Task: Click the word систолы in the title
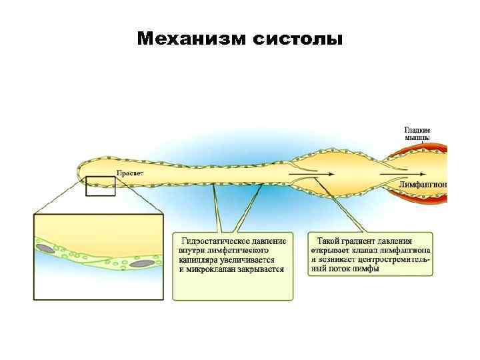point(299,39)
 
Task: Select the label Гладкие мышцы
point(417,133)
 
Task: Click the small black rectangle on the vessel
point(101,185)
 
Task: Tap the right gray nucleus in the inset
point(141,264)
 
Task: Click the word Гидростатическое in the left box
point(215,241)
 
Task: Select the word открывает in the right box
point(333,250)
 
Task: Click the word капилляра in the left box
point(200,260)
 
